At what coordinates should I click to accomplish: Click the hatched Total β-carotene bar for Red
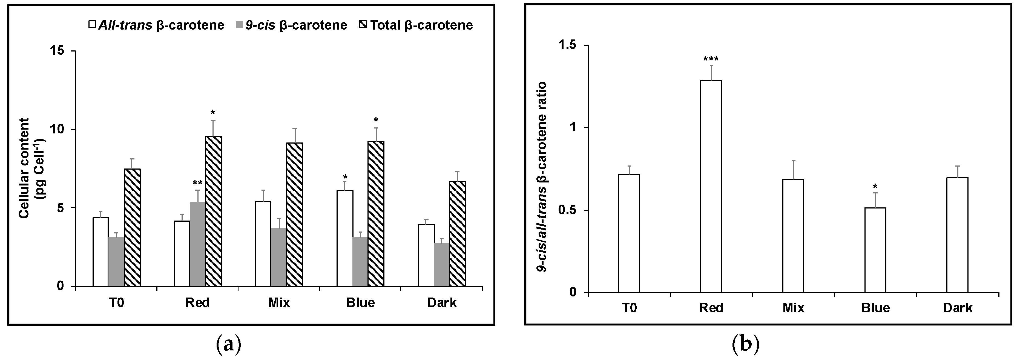pos(213,211)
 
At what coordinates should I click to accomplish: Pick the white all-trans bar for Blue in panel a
pos(344,238)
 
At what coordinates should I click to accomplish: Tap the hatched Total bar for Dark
pos(457,234)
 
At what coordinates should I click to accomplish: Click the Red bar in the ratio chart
pos(711,186)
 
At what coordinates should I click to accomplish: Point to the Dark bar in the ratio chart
pos(957,235)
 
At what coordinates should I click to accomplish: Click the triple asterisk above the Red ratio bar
pos(711,59)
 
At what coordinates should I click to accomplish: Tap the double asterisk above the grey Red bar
pos(197,183)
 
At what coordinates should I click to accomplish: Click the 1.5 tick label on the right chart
pos(568,45)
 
